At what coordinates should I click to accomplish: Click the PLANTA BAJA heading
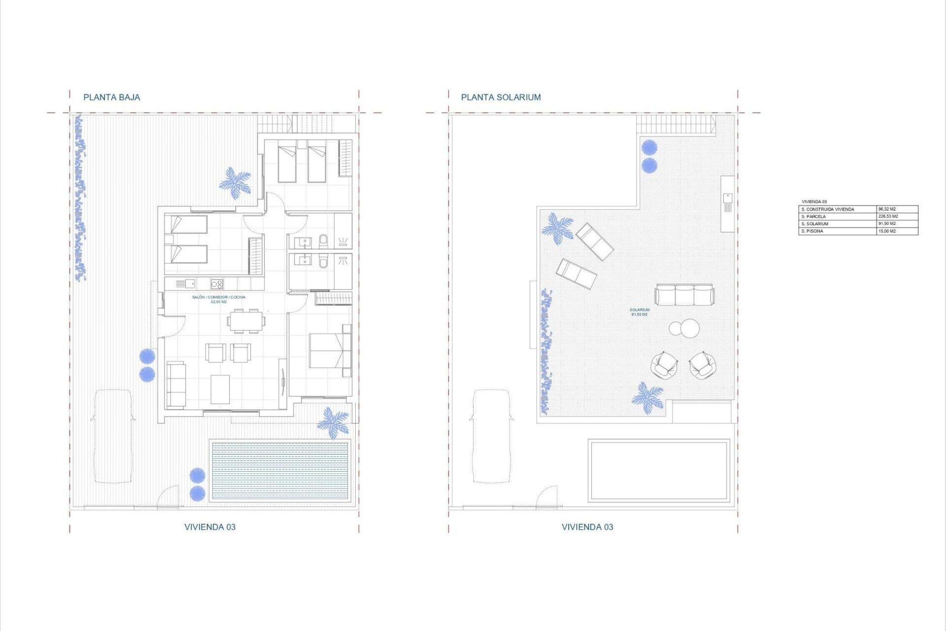coord(111,97)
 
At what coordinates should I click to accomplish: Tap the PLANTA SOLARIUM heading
coord(501,97)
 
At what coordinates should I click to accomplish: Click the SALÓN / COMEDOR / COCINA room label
coord(218,297)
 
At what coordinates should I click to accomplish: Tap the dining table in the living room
coord(246,321)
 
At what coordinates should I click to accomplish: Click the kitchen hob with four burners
coord(217,283)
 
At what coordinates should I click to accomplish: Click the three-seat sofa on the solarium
coord(684,295)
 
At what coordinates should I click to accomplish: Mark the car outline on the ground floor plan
coord(113,436)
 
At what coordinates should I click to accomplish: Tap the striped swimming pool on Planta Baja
coord(280,471)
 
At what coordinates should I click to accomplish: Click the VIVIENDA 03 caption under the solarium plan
coord(587,527)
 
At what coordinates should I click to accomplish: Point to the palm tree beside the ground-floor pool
coord(334,422)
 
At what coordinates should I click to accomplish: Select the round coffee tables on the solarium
coord(684,328)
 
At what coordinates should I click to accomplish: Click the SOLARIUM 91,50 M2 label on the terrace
coord(639,312)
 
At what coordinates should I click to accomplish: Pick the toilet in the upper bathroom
coord(323,241)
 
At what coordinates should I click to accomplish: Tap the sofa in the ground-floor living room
coord(176,385)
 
